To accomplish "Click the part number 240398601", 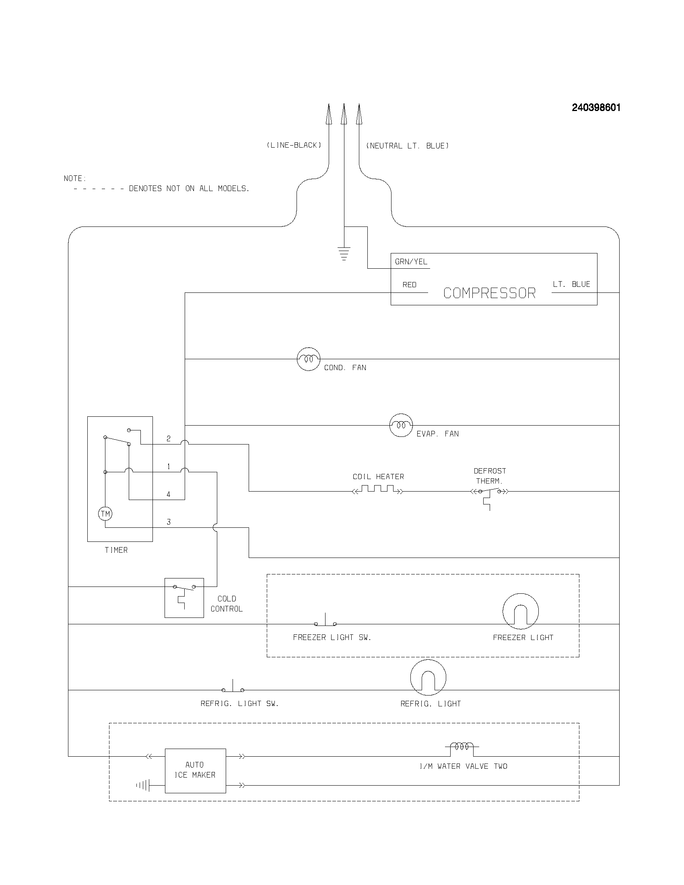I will coord(595,108).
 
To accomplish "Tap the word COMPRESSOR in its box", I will coord(489,293).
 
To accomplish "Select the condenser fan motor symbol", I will coord(308,359).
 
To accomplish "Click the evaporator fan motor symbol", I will coord(401,425).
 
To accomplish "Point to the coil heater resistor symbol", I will coord(378,490).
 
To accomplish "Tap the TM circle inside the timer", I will coord(105,514).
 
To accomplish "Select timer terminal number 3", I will coord(169,522).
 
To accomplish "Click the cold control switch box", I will coord(184,598).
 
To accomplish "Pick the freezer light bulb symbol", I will coord(520,611).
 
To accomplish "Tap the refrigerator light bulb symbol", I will coord(428,677).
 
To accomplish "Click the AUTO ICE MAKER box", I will coord(195,770).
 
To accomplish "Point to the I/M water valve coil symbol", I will coord(461,746).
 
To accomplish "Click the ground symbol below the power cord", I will coord(344,254).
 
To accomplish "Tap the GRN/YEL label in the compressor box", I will coord(411,262).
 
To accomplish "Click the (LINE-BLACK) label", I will coord(294,145).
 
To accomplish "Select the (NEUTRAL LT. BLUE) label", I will coord(407,146).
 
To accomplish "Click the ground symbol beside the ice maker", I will coord(144,785).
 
